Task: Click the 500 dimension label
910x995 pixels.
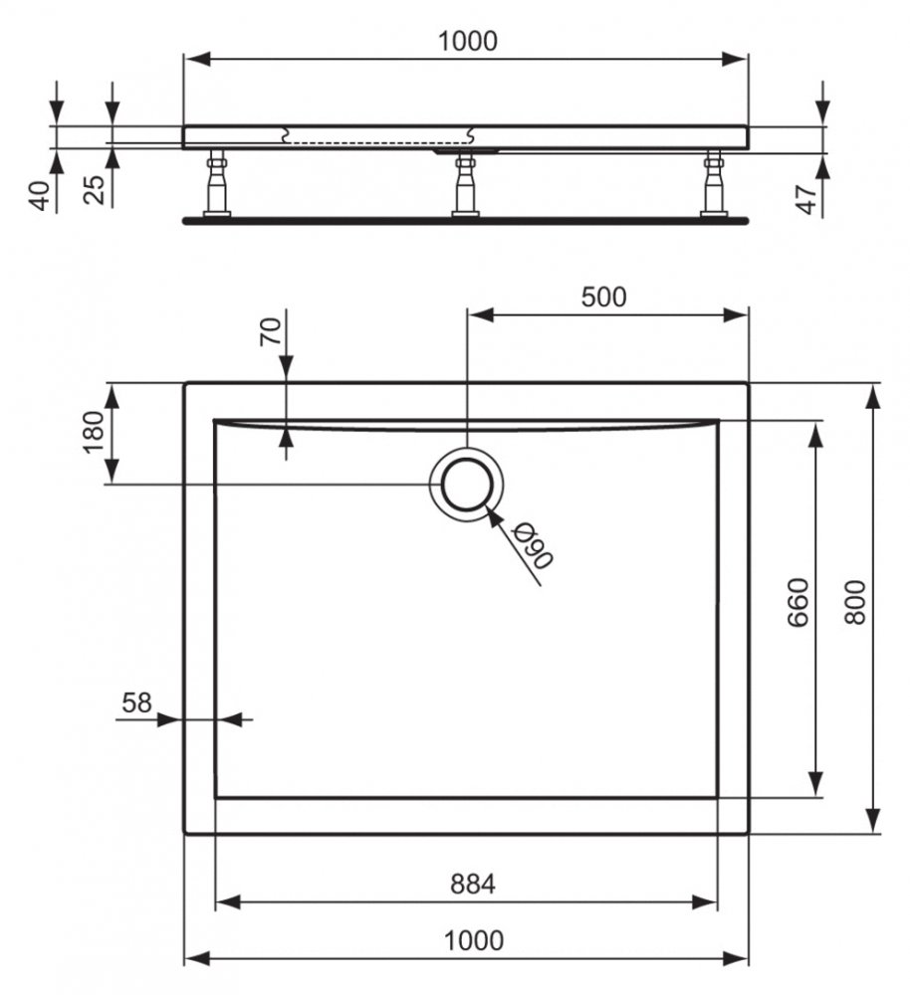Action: coord(603,297)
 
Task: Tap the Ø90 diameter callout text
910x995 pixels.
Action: coord(534,545)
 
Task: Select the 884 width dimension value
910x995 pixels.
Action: coord(473,884)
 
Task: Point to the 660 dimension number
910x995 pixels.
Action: coord(797,602)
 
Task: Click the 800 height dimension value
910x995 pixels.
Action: coord(855,602)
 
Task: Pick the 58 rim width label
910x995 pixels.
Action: coord(137,702)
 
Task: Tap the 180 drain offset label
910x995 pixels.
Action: coord(93,432)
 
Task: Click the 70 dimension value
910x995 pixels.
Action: coord(270,331)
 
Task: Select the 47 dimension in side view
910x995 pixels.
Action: coord(805,199)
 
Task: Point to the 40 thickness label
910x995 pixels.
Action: coord(40,195)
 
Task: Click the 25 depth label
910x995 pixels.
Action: coord(95,189)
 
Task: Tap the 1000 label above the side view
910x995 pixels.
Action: coord(468,41)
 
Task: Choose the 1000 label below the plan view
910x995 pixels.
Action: coord(474,940)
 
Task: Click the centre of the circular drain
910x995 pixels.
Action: coord(467,485)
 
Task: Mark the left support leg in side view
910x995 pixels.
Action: coord(216,183)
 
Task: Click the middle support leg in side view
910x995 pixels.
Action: coord(466,184)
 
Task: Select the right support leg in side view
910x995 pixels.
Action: coord(714,183)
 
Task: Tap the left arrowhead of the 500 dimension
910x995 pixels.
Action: coord(480,314)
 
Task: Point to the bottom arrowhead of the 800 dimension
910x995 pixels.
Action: coord(874,819)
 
